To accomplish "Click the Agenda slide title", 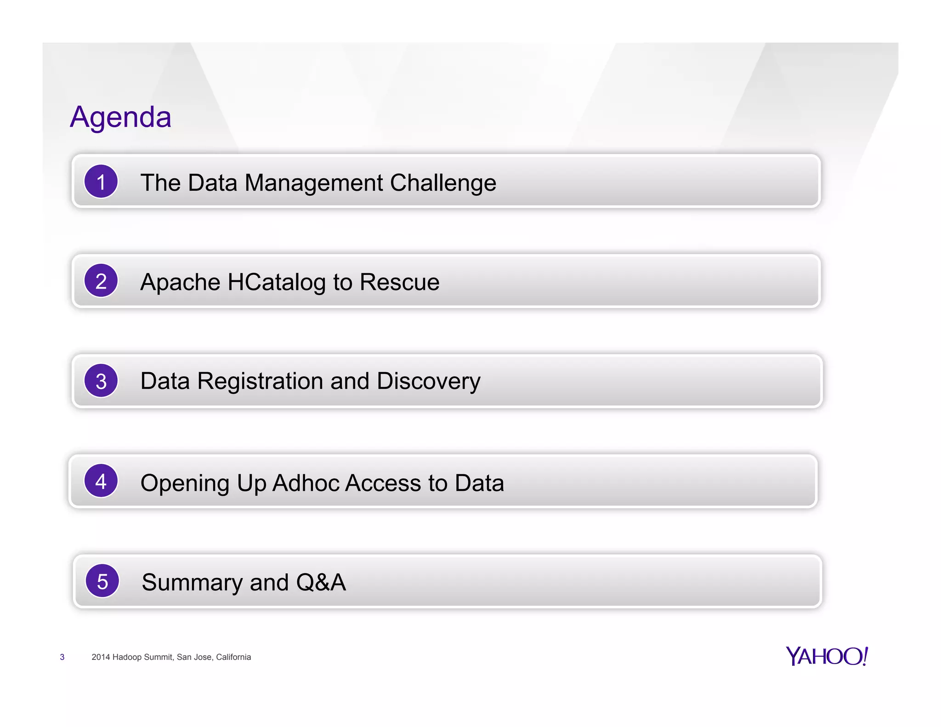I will pyautogui.click(x=120, y=117).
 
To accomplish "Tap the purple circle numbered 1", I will pyautogui.click(x=101, y=182).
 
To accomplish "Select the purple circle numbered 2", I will pyautogui.click(x=101, y=281).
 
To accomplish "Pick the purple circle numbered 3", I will pyautogui.click(x=101, y=381).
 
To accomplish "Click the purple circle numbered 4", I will pyautogui.click(x=101, y=481).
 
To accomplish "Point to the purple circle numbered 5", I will pyautogui.click(x=102, y=581).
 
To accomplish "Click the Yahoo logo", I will pyautogui.click(x=827, y=656).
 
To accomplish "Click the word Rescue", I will pyautogui.click(x=399, y=282).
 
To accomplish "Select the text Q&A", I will pyautogui.click(x=321, y=582).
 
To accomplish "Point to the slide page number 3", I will pyautogui.click(x=62, y=657).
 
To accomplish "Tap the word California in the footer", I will pyautogui.click(x=233, y=657).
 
